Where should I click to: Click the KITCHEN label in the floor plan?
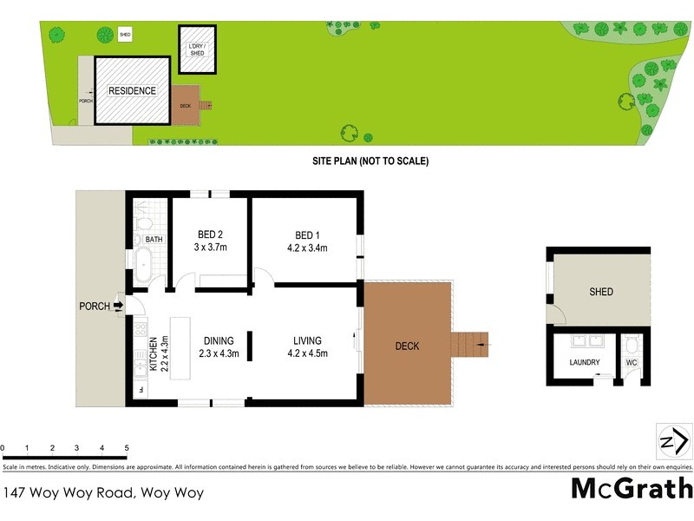click(x=154, y=353)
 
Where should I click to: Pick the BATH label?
click(x=154, y=240)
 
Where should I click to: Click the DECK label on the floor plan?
click(x=407, y=346)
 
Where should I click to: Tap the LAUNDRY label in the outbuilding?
click(x=584, y=362)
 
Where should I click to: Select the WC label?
click(x=632, y=362)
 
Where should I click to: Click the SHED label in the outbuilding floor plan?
click(x=601, y=292)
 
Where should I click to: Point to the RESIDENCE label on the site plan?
click(x=132, y=90)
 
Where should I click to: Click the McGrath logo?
click(x=632, y=489)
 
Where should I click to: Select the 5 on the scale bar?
click(x=127, y=448)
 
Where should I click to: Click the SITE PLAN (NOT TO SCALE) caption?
click(x=370, y=161)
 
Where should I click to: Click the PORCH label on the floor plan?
click(x=95, y=306)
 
